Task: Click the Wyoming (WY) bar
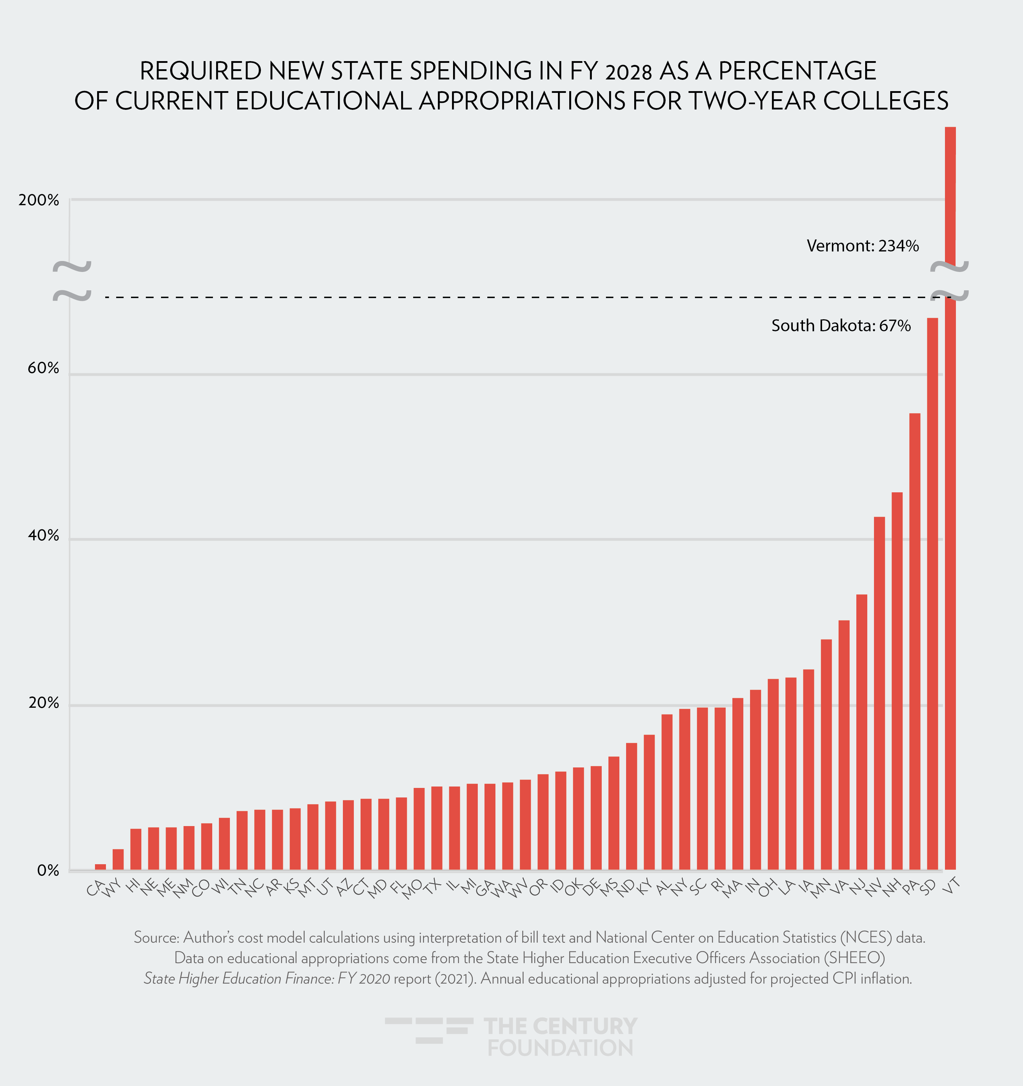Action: tap(118, 859)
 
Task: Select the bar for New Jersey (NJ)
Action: tap(861, 732)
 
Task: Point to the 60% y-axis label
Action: tap(43, 368)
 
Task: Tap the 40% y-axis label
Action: tap(43, 535)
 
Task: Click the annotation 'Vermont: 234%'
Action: tap(862, 246)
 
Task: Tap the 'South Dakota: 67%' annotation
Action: tap(840, 326)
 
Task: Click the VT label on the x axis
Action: tap(951, 886)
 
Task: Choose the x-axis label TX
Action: tap(433, 886)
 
